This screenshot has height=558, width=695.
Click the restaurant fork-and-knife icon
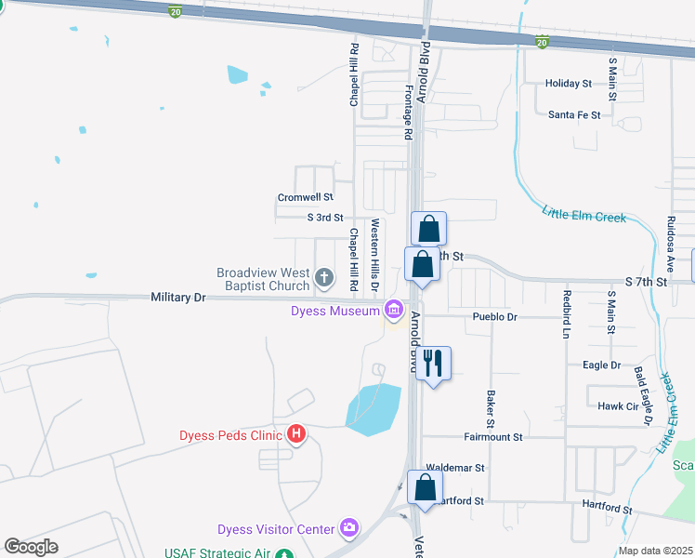pos(430,362)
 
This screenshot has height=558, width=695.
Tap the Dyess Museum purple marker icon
pos(394,309)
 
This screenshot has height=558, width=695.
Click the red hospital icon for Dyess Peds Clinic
pos(296,433)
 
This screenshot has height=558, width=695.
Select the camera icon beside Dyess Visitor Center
pos(348,528)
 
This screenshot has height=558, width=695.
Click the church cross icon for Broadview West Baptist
pos(324,276)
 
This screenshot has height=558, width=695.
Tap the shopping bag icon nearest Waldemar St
pos(425,486)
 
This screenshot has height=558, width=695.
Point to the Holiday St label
pos(569,84)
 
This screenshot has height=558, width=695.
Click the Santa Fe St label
pos(574,115)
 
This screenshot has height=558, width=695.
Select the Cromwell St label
pos(305,197)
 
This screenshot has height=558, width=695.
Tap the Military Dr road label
pos(177,297)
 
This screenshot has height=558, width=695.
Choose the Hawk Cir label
pos(617,405)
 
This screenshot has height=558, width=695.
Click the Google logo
pos(31,547)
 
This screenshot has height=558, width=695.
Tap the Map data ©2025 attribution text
pos(654,551)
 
